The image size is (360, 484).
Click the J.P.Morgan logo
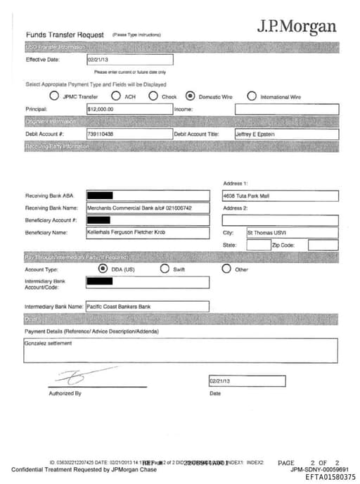point(296,27)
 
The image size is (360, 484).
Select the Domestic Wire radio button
point(190,96)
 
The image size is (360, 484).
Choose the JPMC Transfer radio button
point(55,96)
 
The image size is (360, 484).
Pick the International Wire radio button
point(251,96)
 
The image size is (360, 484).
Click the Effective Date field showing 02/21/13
point(129,60)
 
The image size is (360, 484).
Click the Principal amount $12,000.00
point(129,110)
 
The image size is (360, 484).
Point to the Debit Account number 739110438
point(129,134)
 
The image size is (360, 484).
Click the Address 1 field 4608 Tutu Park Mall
point(279,196)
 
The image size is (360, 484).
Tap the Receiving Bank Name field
point(148,208)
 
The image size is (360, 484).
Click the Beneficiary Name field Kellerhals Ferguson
point(148,232)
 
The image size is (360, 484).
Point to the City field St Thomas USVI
point(291,232)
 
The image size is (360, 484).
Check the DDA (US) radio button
point(103,269)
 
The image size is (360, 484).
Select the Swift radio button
point(165,269)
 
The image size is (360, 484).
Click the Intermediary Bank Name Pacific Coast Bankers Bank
point(147,307)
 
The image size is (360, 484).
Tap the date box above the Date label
point(247,381)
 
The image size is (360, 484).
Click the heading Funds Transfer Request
point(65,34)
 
